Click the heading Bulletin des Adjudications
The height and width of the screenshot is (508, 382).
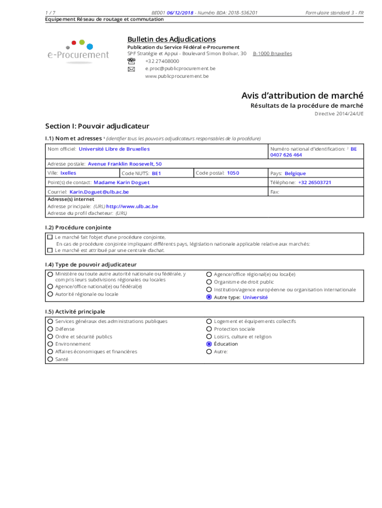pos(171,39)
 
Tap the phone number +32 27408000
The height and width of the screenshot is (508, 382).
pos(162,61)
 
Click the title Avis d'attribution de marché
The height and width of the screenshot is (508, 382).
pos(302,95)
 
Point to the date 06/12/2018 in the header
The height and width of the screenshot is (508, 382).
pos(180,12)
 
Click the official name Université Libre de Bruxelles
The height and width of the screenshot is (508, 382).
pos(114,149)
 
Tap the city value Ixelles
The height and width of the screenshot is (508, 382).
pos(68,173)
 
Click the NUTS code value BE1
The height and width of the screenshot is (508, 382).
pos(156,174)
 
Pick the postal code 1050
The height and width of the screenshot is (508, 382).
pos(233,173)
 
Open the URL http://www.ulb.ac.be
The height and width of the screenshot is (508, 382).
pos(132,206)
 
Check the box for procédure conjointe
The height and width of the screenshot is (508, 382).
pos(50,237)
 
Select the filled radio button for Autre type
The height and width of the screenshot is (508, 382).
pos(209,297)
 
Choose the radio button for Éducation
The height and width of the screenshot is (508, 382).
pos(209,344)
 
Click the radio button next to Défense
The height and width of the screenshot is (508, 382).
pos(50,329)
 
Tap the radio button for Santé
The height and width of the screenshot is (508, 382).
pos(50,359)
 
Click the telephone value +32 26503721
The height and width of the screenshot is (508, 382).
pos(315,182)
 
